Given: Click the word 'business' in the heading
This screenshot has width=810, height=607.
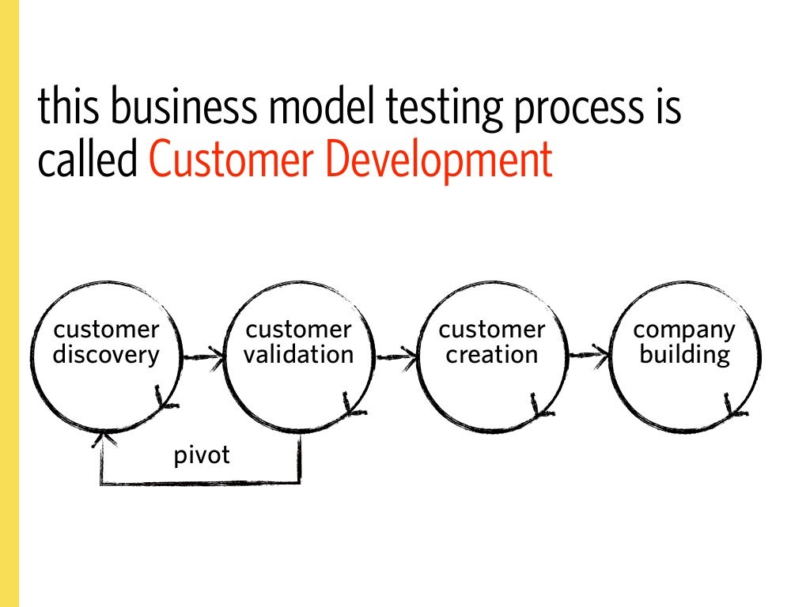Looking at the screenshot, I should pos(173,108).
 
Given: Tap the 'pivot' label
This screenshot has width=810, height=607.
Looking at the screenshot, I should pos(202,456).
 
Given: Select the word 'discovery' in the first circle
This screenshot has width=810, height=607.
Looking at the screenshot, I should pos(106,356).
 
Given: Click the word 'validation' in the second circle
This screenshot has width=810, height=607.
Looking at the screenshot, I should pos(299,356).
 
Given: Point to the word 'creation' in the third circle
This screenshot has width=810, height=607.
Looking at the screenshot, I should pos(491,356).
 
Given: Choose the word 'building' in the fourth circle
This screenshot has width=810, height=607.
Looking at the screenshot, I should pos(685,356).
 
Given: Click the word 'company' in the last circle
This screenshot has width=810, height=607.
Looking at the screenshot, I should pos(685,330).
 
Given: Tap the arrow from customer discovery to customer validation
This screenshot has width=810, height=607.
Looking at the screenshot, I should pos(203,357).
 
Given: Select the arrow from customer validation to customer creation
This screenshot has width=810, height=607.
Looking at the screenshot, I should pos(397,357).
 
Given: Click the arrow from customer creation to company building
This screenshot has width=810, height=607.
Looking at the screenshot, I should pos(590,357).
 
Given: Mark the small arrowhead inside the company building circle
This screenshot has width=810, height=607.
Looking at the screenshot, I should pos(729,408).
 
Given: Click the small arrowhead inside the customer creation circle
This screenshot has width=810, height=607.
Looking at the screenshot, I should pos(537,406).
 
